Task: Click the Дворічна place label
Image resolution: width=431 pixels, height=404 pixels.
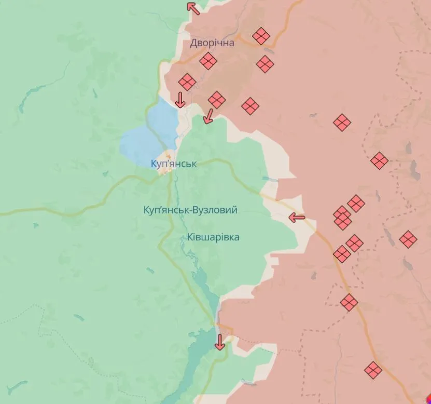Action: (x=212, y=43)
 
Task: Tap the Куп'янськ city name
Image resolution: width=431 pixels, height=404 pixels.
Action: (x=173, y=164)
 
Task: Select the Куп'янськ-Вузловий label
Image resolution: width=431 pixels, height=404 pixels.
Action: (x=190, y=210)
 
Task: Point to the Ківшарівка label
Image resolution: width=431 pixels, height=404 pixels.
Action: (x=210, y=237)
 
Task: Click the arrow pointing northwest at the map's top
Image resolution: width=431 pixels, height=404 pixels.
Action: (x=193, y=8)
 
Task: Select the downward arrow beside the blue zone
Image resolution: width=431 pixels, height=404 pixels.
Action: (x=180, y=100)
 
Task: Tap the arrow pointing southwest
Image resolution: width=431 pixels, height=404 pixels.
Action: (x=208, y=116)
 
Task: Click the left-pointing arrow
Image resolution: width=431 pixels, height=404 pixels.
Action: (x=297, y=218)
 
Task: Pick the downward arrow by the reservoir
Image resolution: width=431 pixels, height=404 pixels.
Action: (x=219, y=342)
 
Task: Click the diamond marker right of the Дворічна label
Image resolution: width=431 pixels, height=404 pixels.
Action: (x=261, y=36)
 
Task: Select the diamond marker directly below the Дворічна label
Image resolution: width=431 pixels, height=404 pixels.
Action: (x=208, y=61)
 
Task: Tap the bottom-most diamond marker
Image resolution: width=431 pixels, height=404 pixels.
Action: (x=372, y=370)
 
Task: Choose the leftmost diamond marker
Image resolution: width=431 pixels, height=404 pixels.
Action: (x=187, y=82)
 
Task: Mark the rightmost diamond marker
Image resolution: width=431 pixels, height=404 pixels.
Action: (x=408, y=239)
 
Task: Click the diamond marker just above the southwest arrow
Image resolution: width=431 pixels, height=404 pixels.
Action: (x=217, y=99)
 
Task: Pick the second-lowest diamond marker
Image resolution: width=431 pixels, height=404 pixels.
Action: (x=349, y=302)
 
